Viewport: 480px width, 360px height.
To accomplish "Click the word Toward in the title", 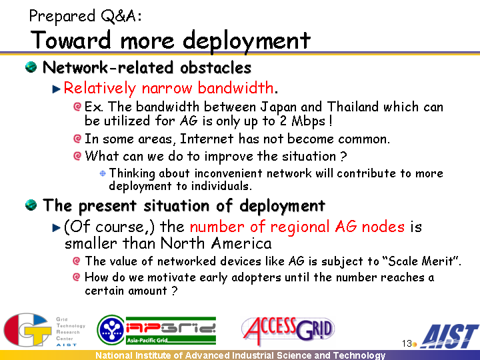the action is [71, 40].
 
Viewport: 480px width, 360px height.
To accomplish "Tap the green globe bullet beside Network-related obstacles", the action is [31, 67].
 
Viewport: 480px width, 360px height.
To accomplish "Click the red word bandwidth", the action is [235, 88].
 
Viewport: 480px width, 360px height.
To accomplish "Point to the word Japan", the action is [278, 107].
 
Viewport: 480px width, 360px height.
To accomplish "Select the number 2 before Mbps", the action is [283, 121].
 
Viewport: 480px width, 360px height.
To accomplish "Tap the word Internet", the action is [207, 139].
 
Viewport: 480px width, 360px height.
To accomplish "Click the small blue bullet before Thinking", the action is [103, 173].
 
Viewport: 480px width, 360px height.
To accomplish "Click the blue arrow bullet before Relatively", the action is [56, 89].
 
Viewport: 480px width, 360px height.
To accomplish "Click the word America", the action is [241, 243].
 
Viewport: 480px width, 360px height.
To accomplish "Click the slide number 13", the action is [407, 343].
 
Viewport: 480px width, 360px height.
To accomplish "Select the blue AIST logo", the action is [449, 336].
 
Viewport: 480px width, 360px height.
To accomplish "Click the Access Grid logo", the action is [288, 330].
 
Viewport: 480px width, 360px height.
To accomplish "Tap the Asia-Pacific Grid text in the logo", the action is [147, 340].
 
